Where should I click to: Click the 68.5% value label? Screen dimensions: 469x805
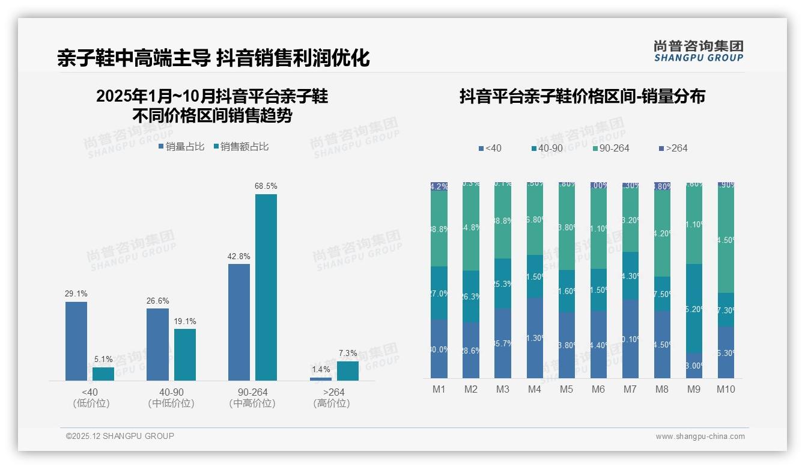point(266,186)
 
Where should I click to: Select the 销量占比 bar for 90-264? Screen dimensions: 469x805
point(239,322)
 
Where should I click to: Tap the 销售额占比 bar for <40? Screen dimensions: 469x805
point(103,373)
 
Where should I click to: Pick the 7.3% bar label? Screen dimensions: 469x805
point(347,354)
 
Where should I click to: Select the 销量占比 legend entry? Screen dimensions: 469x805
point(181,147)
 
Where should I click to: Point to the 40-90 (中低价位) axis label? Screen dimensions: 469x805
point(171,398)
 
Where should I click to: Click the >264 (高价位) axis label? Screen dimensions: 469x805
point(332,398)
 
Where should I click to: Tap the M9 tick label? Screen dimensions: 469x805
point(693,390)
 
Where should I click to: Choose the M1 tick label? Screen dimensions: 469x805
point(439,390)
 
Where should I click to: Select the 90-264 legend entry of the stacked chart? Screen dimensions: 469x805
point(610,148)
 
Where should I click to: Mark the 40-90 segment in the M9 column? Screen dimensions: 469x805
point(693,308)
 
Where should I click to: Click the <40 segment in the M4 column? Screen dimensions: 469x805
point(535,337)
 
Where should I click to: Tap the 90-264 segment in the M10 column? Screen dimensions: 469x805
point(726,239)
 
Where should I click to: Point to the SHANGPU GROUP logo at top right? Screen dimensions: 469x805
point(699,51)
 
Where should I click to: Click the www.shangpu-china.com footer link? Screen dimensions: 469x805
point(700,437)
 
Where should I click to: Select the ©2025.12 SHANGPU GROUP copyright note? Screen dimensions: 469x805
point(120,437)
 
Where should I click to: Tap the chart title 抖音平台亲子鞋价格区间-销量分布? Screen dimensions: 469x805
point(582,97)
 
